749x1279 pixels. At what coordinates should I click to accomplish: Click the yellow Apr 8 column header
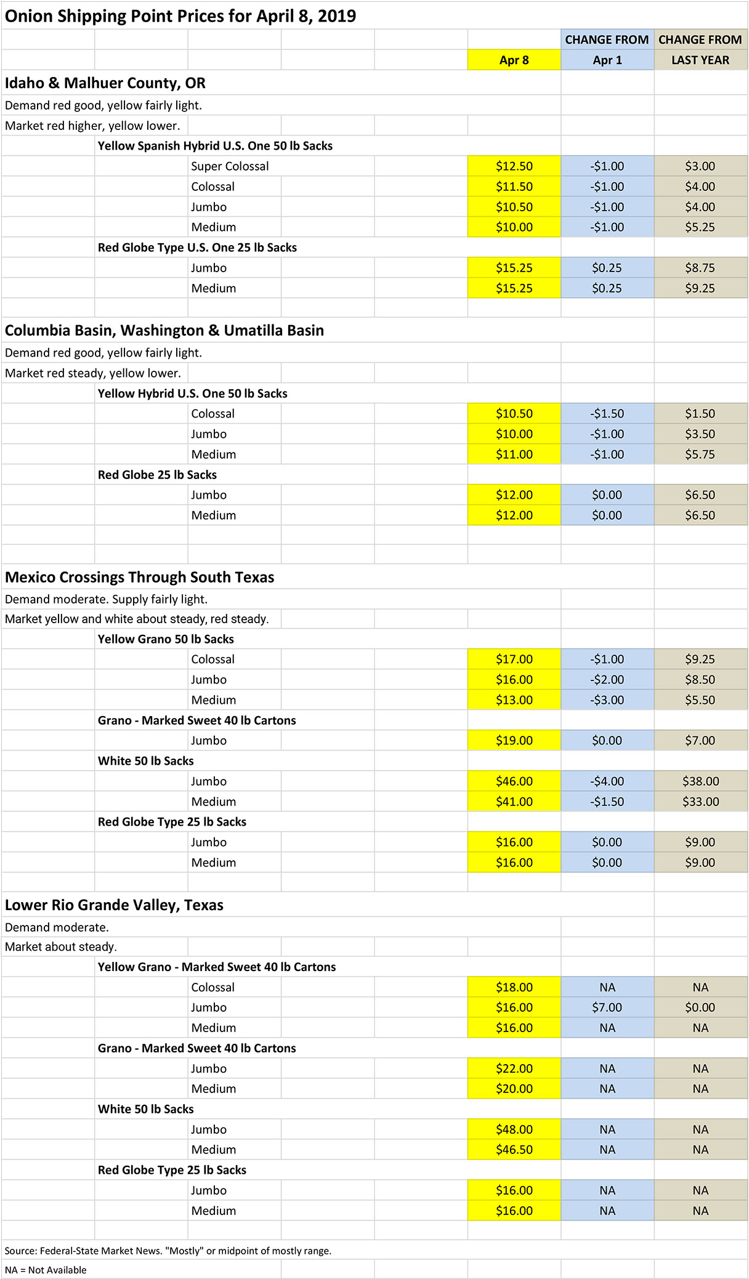point(514,60)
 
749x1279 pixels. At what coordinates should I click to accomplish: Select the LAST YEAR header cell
point(700,60)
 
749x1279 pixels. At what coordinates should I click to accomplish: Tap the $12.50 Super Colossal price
point(514,166)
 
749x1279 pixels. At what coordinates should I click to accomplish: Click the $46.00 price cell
point(514,781)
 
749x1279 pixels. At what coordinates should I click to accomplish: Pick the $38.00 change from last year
point(700,781)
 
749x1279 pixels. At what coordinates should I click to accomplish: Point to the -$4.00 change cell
point(607,781)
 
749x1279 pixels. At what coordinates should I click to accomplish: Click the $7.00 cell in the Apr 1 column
point(607,1007)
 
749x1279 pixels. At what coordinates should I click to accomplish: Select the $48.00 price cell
point(514,1129)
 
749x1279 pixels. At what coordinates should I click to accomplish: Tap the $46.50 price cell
point(514,1150)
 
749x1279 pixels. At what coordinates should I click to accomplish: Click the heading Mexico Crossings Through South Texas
point(140,578)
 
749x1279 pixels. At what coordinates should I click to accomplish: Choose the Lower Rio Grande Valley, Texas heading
point(114,905)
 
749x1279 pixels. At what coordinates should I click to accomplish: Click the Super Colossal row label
point(230,166)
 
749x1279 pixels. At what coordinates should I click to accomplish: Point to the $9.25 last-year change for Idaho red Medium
point(700,288)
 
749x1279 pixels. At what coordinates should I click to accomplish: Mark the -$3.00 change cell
point(607,700)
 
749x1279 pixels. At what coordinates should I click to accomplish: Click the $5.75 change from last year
point(700,454)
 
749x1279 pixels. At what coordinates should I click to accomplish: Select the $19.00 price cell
point(514,741)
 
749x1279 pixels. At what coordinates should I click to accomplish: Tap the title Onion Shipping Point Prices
point(180,16)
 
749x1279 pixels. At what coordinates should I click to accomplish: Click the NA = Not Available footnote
point(46,1270)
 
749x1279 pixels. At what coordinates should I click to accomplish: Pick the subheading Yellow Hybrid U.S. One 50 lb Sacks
point(193,393)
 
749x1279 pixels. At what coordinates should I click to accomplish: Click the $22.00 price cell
point(514,1068)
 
